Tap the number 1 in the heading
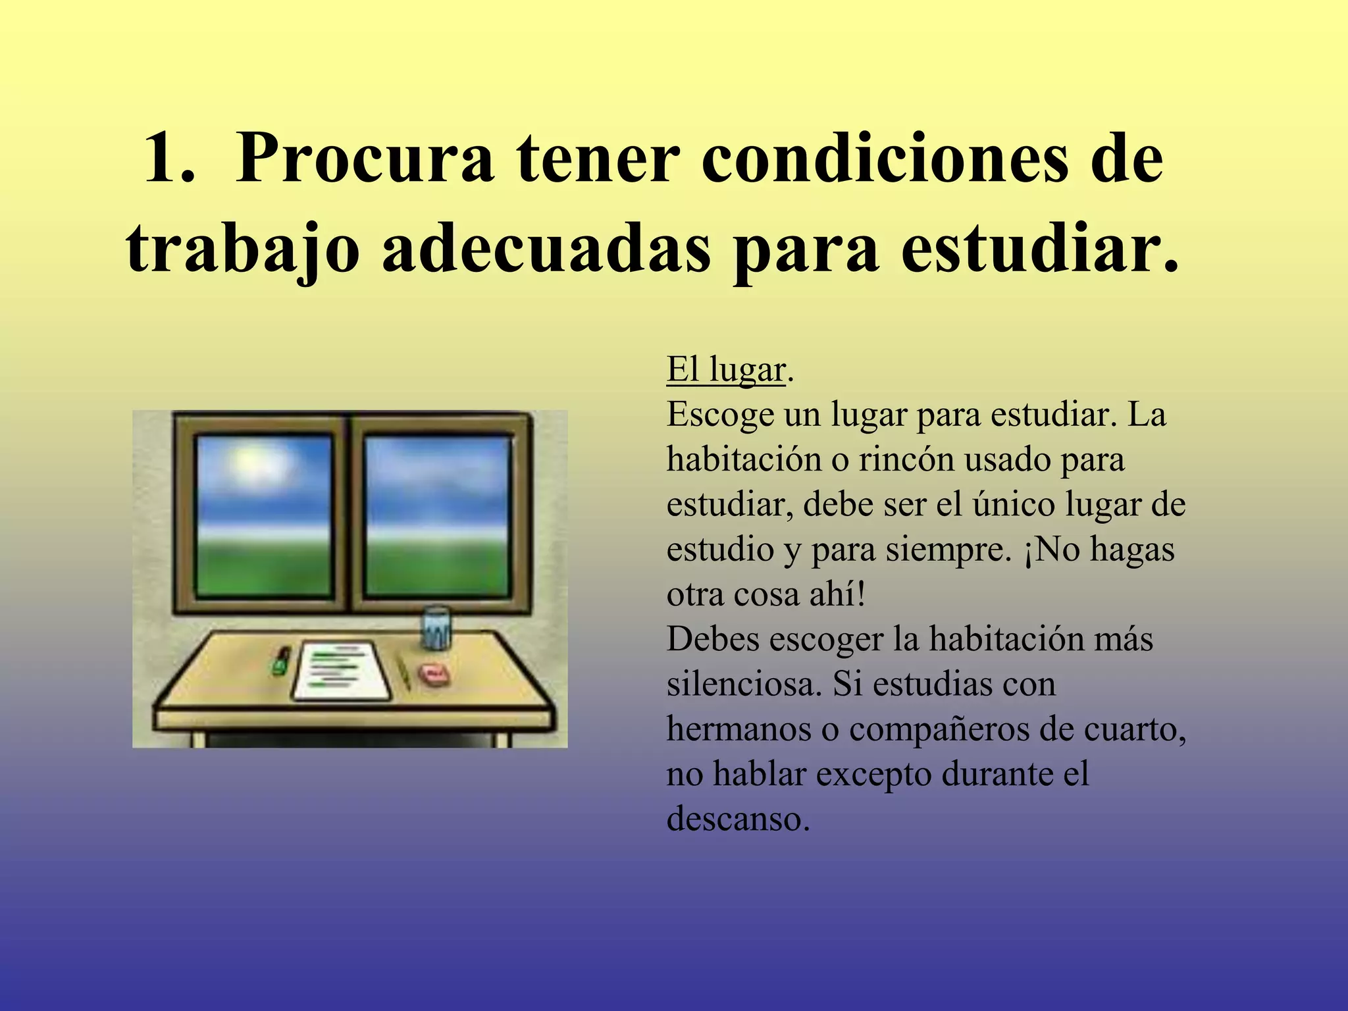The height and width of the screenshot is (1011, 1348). coord(161,160)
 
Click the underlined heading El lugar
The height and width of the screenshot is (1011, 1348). coord(725,370)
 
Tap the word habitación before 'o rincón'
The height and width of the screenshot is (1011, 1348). coord(744,459)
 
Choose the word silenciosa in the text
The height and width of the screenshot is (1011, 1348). coord(744,685)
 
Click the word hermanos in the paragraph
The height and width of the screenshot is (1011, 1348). coord(739,729)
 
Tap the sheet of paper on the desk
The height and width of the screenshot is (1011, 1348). coord(340,670)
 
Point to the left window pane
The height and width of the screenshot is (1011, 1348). coord(263,516)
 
